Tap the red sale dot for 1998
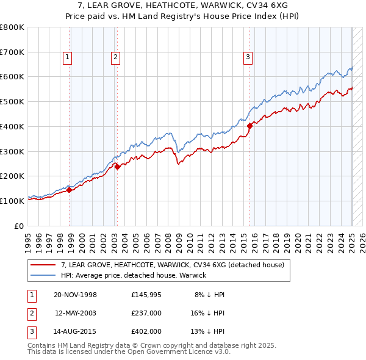(70, 190)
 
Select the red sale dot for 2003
(117, 167)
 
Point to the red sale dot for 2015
(250, 126)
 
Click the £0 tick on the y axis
(20, 226)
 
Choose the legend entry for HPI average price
(134, 275)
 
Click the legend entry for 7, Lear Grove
(173, 265)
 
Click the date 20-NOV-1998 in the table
(76, 295)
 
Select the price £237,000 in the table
(146, 313)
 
